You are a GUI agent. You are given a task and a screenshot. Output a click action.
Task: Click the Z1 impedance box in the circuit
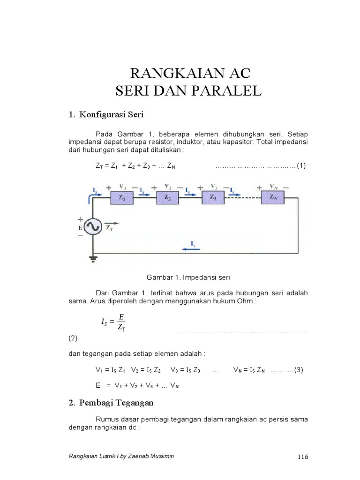click(x=122, y=198)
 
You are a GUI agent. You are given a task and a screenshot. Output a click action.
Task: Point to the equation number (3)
click(x=299, y=370)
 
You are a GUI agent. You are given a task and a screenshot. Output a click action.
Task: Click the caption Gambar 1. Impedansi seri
click(x=189, y=277)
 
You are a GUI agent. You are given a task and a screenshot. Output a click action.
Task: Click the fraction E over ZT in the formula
click(x=120, y=322)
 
